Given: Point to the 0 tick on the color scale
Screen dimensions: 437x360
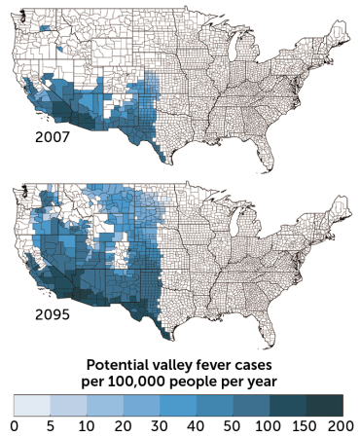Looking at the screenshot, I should coord(14,425).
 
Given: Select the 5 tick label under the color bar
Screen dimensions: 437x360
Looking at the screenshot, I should coord(49,425).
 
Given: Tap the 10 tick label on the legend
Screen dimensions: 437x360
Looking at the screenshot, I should coord(85,425).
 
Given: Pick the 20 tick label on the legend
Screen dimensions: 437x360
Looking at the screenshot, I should coord(123,425).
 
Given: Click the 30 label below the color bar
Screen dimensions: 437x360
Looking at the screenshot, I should coord(160,425).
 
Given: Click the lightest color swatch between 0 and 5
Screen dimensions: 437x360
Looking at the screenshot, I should coord(31,405).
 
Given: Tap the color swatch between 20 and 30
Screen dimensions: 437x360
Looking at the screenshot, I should coord(141,405).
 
